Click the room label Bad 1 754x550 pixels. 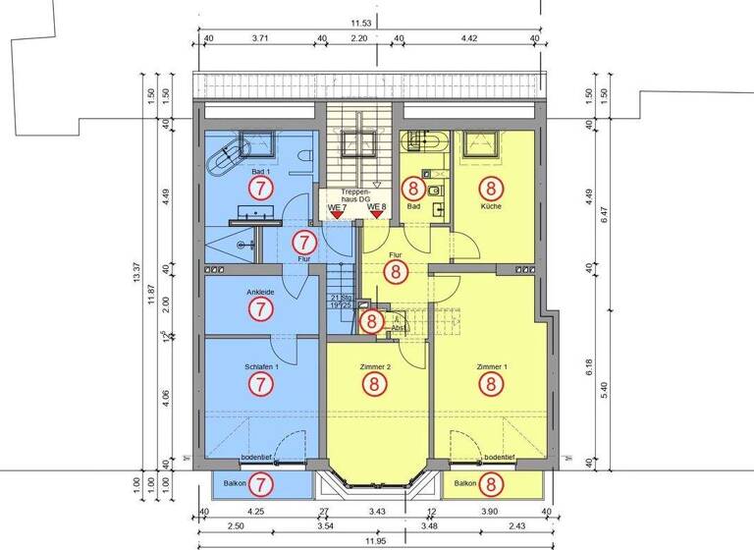259,171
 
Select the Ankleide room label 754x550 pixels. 260,291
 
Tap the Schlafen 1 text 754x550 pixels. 260,366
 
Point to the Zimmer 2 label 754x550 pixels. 375,366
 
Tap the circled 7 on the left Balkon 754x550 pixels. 260,483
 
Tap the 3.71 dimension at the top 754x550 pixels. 260,39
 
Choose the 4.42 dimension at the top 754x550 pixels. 467,39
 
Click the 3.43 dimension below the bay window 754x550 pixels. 376,512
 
